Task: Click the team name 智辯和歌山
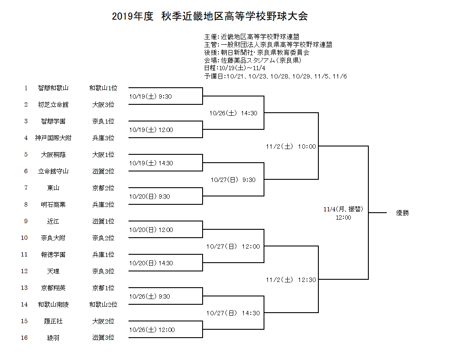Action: pos(53,88)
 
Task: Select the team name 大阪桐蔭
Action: pos(53,155)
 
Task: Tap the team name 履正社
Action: pos(53,321)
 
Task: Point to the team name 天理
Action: pos(53,271)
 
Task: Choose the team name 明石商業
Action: pos(53,205)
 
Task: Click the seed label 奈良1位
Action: pos(103,121)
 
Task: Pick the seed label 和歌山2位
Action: pos(103,304)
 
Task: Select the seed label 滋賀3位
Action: pos(103,338)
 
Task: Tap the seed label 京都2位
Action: pos(103,188)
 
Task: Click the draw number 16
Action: pos(24,338)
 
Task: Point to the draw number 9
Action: pos(26,221)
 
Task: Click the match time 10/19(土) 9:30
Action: pos(150,96)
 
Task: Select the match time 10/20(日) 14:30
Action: pos(151,263)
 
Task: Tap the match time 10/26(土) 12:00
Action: pos(152,330)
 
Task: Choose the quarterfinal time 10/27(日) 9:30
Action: pos(233,180)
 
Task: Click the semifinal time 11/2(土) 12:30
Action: pos(291,280)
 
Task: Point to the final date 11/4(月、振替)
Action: pos(343,209)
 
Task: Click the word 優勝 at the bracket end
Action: pos(403,213)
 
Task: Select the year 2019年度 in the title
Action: pos(132,16)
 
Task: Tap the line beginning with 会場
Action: pos(253,61)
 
